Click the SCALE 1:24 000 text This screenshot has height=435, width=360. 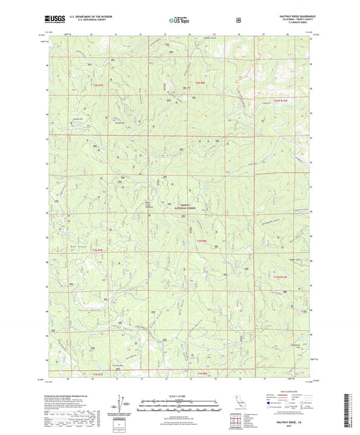click(x=179, y=395)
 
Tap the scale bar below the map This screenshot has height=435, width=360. click(x=179, y=402)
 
